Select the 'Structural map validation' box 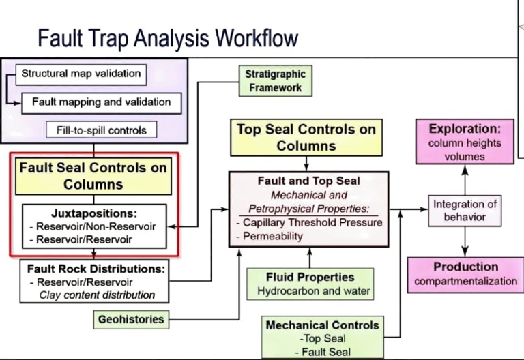pyautogui.click(x=81, y=74)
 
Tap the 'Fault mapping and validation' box pyautogui.click(x=100, y=102)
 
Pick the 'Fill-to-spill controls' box pyautogui.click(x=96, y=130)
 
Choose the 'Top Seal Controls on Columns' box pyautogui.click(x=306, y=137)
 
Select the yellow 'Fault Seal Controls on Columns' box pyautogui.click(x=93, y=175)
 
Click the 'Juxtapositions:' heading pyautogui.click(x=93, y=213)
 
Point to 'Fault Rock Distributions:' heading pyautogui.click(x=96, y=269)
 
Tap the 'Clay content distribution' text pyautogui.click(x=97, y=295)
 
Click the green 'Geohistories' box pyautogui.click(x=130, y=318)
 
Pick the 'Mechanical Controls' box pyautogui.click(x=323, y=337)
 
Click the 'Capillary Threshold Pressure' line pyautogui.click(x=310, y=222)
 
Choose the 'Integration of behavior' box pyautogui.click(x=465, y=210)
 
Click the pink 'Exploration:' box pyautogui.click(x=465, y=142)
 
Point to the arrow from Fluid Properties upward pyautogui.click(x=310, y=257)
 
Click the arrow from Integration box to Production pyautogui.click(x=465, y=241)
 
